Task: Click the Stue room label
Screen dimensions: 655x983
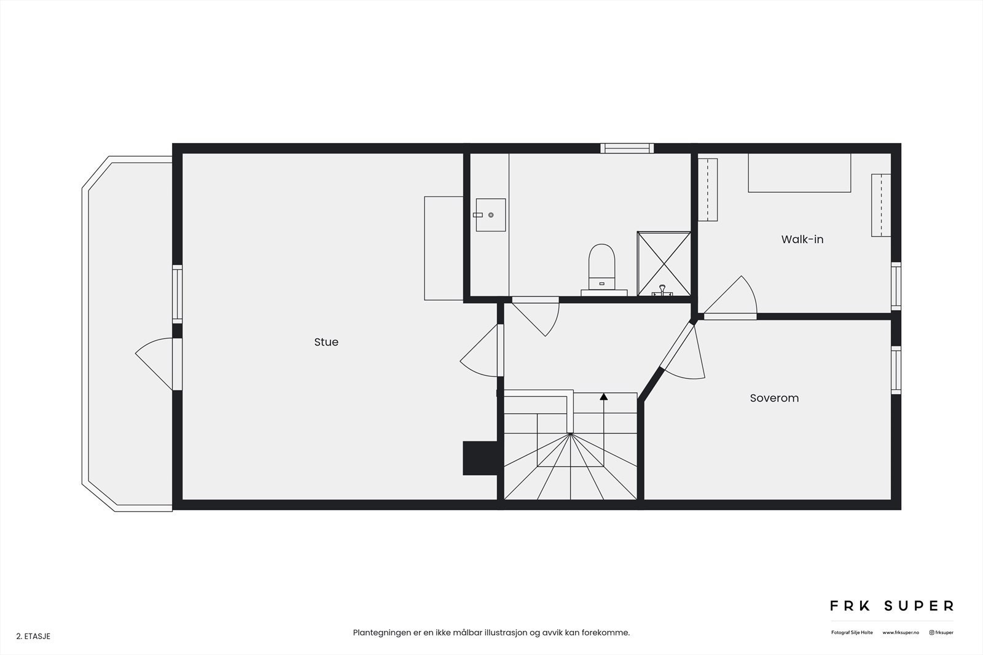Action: pos(326,342)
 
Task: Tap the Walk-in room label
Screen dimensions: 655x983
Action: pos(802,239)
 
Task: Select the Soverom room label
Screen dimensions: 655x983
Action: pos(774,398)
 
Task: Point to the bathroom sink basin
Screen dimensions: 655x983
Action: pos(491,215)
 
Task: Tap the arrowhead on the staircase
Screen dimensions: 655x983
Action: pos(603,397)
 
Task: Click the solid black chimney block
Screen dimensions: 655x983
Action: pos(479,458)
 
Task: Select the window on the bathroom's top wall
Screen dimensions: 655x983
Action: pos(627,148)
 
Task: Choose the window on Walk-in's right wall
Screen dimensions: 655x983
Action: pos(896,285)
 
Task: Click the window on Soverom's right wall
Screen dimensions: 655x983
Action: pos(896,370)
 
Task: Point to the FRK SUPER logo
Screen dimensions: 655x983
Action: pos(891,606)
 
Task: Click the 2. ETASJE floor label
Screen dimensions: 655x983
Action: pos(33,637)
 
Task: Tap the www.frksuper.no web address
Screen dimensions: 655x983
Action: pos(901,632)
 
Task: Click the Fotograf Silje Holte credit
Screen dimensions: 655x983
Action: pos(852,632)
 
